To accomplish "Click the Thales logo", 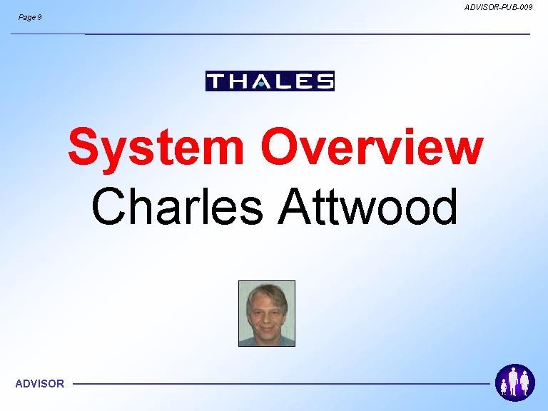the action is [x=270, y=81].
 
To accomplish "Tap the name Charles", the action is [x=177, y=206].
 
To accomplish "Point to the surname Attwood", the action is [x=367, y=206].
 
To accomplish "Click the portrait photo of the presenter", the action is [x=267, y=313].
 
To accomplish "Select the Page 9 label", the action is [x=30, y=17].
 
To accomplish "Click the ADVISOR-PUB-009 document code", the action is [x=498, y=7].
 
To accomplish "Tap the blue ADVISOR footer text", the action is [x=40, y=384].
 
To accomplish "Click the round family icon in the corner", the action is [x=514, y=382].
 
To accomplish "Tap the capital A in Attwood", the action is [x=294, y=206].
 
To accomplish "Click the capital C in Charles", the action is [x=108, y=206].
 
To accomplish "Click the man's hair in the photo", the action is [x=268, y=292].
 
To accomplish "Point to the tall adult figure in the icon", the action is [x=513, y=381].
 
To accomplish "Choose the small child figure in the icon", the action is [x=504, y=387].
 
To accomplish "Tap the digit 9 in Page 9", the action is [x=39, y=17].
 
